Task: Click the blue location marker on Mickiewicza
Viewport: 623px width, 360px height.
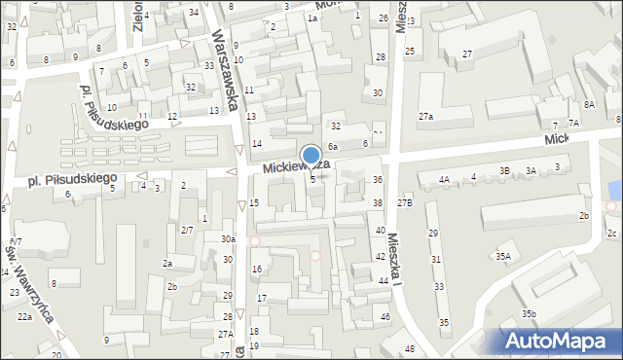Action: coord(311,156)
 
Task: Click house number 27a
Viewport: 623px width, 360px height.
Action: coord(426,117)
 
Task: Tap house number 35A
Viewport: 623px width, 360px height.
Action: coord(502,257)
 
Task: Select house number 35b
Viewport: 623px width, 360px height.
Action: coord(529,314)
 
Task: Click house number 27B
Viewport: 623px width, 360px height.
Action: coord(405,202)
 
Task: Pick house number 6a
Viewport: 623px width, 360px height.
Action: coord(332,146)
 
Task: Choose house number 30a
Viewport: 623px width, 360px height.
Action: coord(228,239)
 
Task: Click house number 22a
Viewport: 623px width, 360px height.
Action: coord(24,317)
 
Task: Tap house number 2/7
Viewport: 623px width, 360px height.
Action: coord(187,230)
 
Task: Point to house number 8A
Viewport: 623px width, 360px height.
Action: coord(589,104)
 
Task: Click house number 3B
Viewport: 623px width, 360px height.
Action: coord(504,171)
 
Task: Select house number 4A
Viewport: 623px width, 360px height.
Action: coord(444,179)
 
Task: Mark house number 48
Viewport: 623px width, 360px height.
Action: coord(410,349)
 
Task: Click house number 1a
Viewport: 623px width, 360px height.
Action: coord(312,18)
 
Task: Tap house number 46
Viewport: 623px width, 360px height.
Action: coord(385,317)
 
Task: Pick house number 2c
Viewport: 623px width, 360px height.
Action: coord(611,234)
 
